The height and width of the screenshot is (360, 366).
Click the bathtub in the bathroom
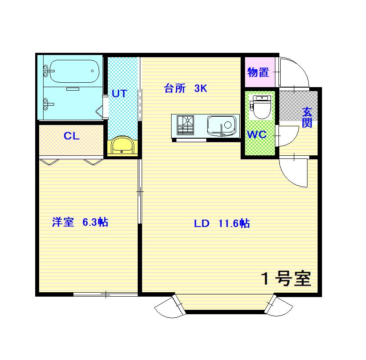click(x=74, y=71)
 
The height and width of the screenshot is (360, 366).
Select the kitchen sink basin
click(x=221, y=125)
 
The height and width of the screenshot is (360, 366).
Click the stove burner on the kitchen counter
click(x=185, y=125)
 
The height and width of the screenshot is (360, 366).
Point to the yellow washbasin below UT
click(x=122, y=146)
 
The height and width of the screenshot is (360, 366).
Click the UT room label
click(x=119, y=94)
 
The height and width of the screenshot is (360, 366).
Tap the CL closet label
click(x=72, y=136)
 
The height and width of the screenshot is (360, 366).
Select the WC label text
click(x=257, y=135)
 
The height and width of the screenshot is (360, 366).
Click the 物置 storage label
click(x=258, y=72)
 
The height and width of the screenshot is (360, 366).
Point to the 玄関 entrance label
click(x=307, y=118)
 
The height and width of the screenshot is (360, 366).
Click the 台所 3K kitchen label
click(x=186, y=88)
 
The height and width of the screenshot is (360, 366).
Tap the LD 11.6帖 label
click(x=222, y=224)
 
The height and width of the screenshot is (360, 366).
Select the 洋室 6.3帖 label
click(x=80, y=222)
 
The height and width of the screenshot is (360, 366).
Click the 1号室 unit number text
click(x=286, y=279)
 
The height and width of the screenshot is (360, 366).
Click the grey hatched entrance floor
click(x=299, y=106)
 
